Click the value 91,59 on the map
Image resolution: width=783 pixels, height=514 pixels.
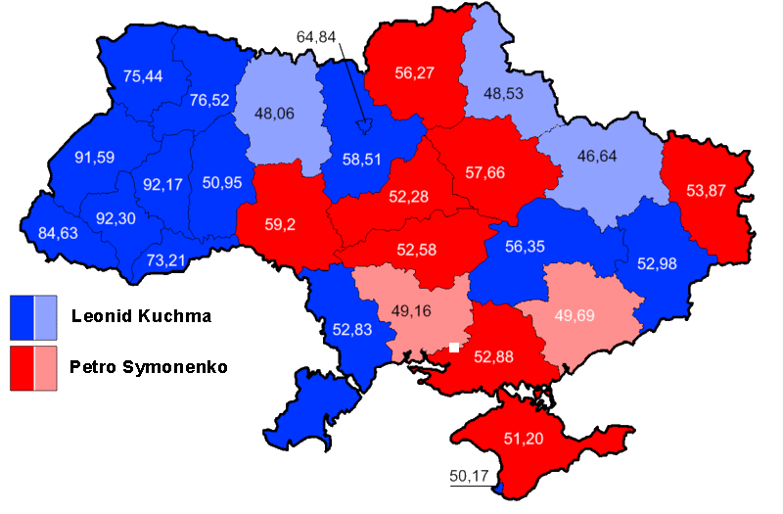[x=95, y=157]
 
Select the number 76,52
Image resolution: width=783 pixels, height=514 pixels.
[x=209, y=100]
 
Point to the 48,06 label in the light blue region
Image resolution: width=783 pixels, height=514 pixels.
[x=274, y=114]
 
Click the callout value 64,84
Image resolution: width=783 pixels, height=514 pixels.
[x=316, y=37]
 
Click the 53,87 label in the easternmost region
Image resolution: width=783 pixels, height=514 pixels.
[x=706, y=191]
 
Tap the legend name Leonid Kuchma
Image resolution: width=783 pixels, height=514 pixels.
[x=141, y=316]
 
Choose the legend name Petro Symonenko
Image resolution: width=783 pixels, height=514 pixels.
[x=149, y=367]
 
